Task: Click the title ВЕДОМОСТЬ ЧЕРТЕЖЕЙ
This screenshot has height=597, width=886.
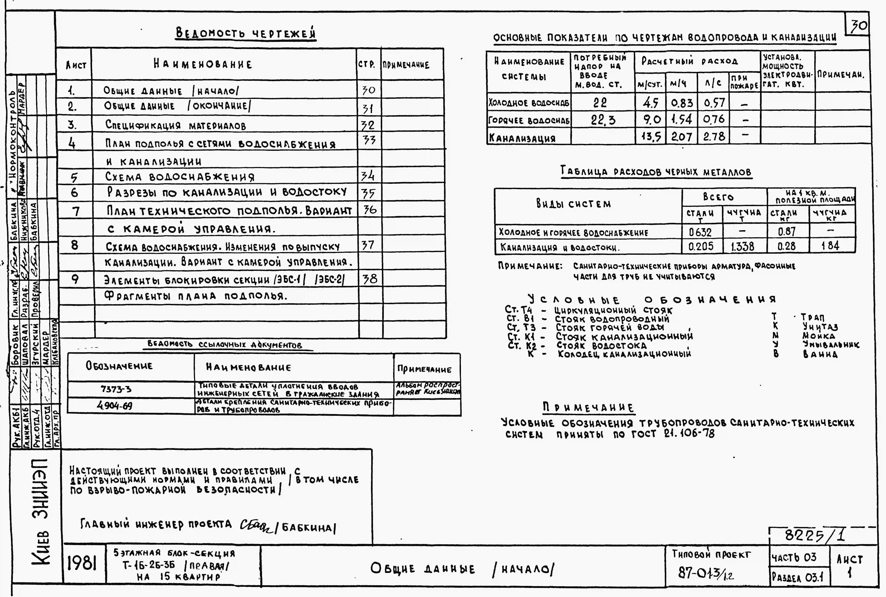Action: (x=246, y=34)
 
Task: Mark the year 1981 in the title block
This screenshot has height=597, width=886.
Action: (x=82, y=564)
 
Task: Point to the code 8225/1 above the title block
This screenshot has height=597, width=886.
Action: (x=815, y=536)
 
